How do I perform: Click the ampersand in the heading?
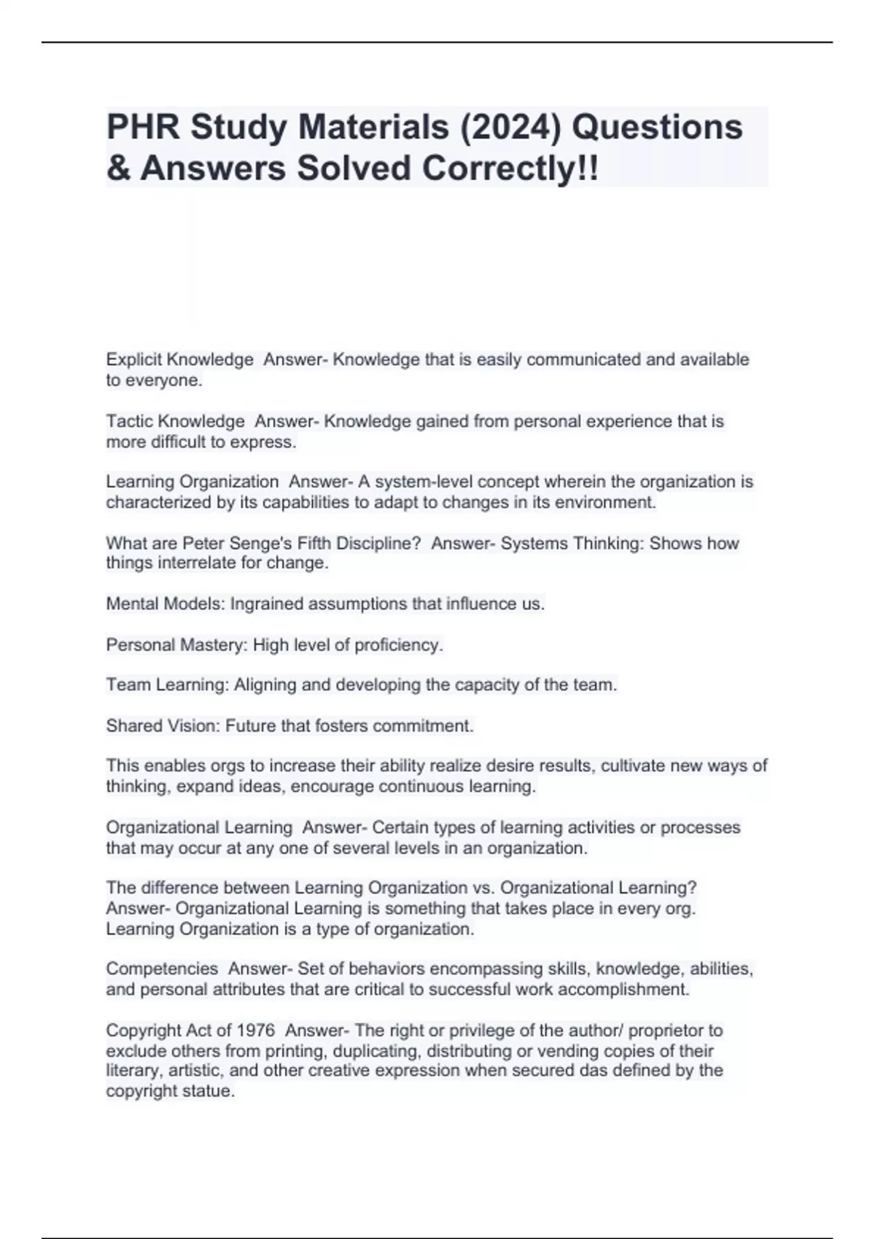pos(117,168)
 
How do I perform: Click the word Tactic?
pos(129,421)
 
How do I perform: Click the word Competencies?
pos(162,969)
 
